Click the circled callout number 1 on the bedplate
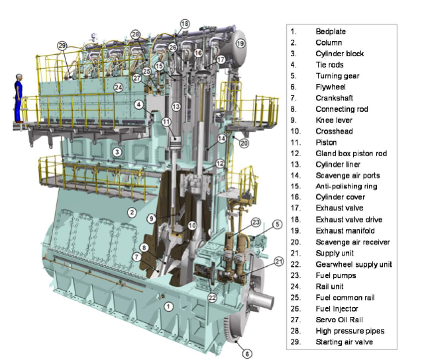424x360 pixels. coord(168,306)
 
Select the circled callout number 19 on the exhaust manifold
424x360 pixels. coord(240,43)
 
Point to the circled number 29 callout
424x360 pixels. coord(62,46)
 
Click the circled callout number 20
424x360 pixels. coord(244,143)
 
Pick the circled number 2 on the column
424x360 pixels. coord(132,212)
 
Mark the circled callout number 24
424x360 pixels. coord(117,87)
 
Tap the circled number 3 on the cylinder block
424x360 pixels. coord(117,152)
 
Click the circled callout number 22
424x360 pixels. coord(212,298)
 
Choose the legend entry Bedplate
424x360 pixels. coord(331,31)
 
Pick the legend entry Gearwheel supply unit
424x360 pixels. coord(354,264)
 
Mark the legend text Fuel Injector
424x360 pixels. coord(336,309)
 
